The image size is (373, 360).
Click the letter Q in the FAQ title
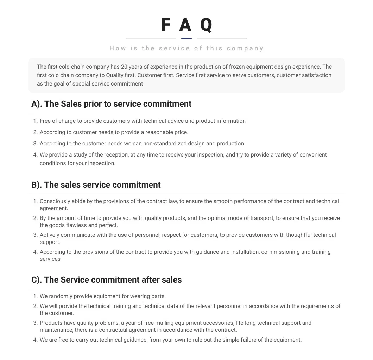tap(206, 25)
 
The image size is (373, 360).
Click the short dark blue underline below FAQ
tap(186, 39)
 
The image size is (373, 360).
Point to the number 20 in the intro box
tap(124, 67)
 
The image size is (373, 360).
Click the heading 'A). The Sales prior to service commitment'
tap(111, 104)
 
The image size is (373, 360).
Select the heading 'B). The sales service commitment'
tap(96, 185)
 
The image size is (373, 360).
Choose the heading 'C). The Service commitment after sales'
tap(106, 280)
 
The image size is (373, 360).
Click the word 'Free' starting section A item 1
tap(45, 121)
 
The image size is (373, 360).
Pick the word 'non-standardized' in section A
tap(164, 144)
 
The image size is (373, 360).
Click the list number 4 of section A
tap(35, 155)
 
